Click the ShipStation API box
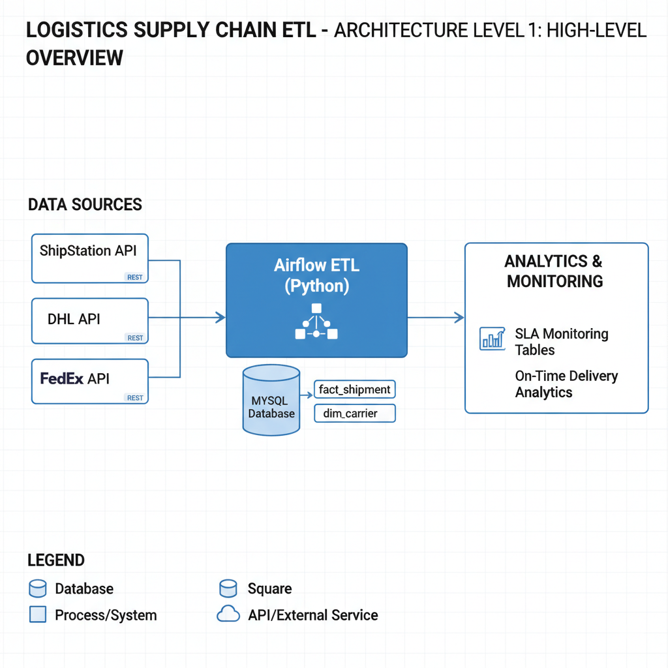[90, 258]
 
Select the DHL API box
[90, 320]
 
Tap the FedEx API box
[90, 380]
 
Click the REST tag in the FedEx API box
[135, 398]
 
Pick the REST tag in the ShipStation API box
[135, 277]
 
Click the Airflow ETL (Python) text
[316, 275]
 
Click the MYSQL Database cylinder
[271, 401]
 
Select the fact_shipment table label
[354, 390]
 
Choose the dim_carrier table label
[354, 414]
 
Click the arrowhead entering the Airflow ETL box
[220, 318]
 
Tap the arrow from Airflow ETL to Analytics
[436, 318]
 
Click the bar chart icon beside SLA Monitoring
[493, 339]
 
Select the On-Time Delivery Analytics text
[566, 384]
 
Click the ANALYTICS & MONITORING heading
[554, 271]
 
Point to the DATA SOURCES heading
[85, 205]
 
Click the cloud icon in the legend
[228, 615]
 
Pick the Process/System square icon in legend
[38, 615]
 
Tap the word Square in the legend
[269, 589]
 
